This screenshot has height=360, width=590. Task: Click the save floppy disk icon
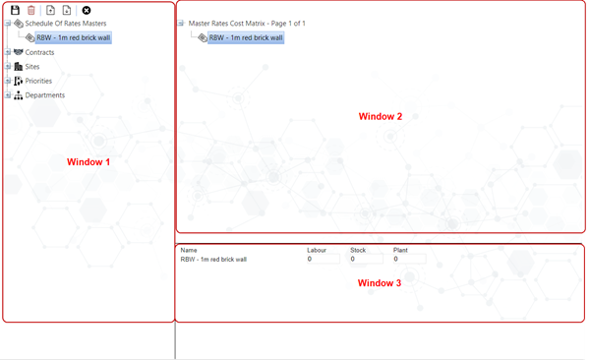15,10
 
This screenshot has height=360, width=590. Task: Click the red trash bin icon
31,10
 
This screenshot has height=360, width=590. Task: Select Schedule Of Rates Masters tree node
66,24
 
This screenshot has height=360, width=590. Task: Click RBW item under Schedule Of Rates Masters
74,37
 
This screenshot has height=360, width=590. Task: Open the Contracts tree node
39,52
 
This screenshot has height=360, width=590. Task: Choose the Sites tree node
32,67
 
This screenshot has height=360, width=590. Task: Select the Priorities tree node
38,81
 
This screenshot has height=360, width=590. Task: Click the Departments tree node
45,95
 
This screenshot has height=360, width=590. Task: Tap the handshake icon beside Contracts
18,52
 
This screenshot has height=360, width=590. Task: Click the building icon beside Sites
18,67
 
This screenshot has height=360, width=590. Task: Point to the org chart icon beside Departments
18,95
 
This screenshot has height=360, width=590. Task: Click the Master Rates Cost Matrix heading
247,24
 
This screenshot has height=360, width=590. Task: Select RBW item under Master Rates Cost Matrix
246,37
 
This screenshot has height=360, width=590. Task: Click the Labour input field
324,259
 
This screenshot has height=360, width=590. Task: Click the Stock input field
367,259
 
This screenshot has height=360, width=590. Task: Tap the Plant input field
409,259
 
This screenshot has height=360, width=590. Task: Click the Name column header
189,250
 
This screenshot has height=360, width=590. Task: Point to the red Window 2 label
381,116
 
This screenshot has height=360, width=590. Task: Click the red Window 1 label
88,162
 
